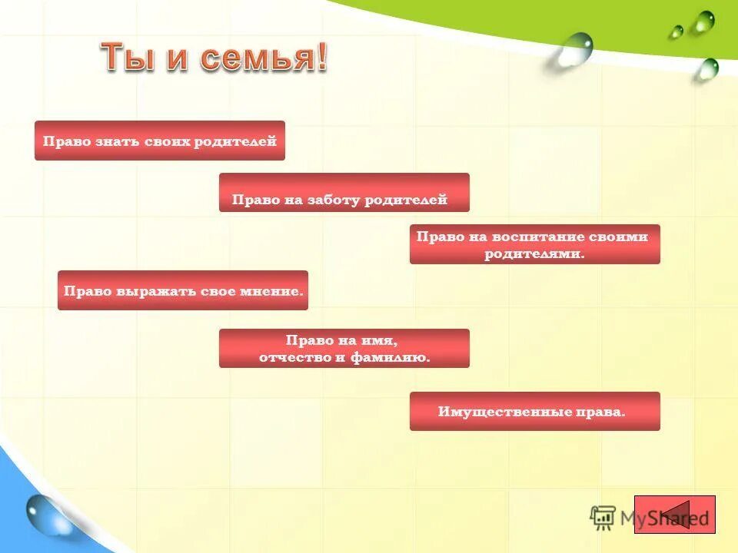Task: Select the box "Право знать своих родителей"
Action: [159, 141]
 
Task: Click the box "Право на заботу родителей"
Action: [344, 193]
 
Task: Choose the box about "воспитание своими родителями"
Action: [534, 244]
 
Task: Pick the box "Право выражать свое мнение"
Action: [182, 290]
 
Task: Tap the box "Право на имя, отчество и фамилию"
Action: [344, 348]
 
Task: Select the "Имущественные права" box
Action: [534, 411]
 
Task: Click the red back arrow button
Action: [676, 515]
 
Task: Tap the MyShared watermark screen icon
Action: [603, 518]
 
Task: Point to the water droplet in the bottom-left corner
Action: [47, 515]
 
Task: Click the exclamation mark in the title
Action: [320, 58]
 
